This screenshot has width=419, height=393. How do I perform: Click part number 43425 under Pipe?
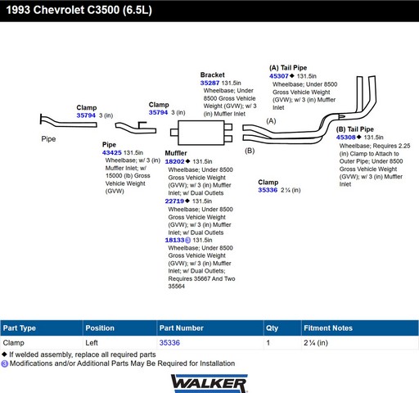click(x=112, y=152)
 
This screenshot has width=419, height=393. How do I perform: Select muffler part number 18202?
click(x=174, y=161)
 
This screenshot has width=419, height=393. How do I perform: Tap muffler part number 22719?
click(x=174, y=201)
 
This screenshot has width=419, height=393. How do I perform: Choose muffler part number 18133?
click(x=174, y=240)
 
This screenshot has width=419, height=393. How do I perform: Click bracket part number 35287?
click(x=209, y=83)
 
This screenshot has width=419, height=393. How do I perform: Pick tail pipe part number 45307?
click(x=279, y=76)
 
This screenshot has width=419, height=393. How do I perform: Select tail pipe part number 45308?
click(x=346, y=138)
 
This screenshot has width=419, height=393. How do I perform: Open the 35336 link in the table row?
click(x=169, y=343)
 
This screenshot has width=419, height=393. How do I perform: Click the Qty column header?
click(x=272, y=328)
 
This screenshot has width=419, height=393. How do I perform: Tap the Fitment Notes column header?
click(x=328, y=328)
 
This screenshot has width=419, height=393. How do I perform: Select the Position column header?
click(x=100, y=328)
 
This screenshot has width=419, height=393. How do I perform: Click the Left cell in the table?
click(x=92, y=343)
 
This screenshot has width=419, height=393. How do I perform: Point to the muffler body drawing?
click(x=201, y=133)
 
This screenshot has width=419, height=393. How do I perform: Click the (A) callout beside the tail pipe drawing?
click(x=271, y=121)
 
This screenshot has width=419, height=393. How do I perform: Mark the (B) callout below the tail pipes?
click(x=250, y=151)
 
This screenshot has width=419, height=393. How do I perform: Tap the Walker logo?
click(x=209, y=384)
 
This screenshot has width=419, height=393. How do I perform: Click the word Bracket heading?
click(x=213, y=75)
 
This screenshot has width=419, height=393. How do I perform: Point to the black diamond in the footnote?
click(x=4, y=355)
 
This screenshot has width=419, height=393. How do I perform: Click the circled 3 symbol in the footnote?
click(x=4, y=364)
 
